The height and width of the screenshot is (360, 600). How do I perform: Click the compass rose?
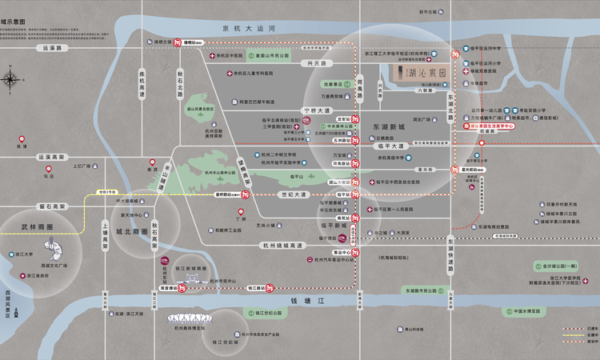tap(11, 79)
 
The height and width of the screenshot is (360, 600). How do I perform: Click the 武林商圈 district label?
tap(38, 227)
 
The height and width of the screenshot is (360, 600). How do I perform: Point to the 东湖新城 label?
tap(390, 127)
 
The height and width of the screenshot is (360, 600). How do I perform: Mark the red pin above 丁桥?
tap(238, 208)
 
